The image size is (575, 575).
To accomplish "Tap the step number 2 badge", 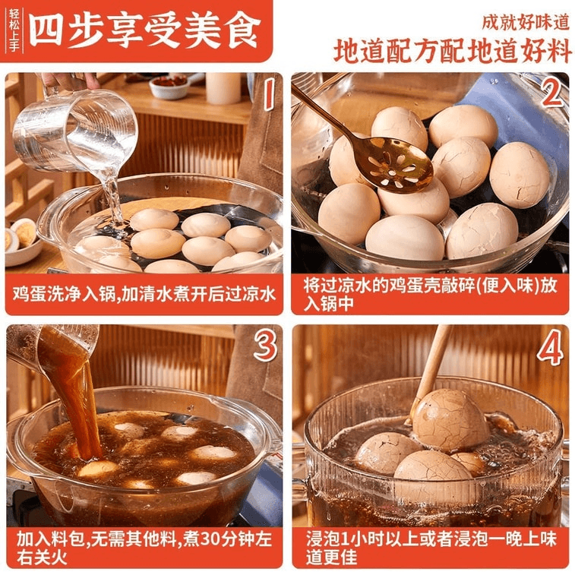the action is [552, 93].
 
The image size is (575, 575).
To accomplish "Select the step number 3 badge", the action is [265, 346].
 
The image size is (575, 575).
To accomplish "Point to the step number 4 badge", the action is [550, 347].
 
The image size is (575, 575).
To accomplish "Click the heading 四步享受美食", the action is [144, 30].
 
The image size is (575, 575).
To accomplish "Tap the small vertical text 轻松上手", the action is [14, 31].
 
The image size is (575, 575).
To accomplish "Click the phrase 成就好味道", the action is [526, 22].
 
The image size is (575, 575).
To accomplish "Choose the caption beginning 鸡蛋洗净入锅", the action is [144, 295].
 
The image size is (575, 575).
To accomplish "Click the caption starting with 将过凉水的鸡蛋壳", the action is [430, 295].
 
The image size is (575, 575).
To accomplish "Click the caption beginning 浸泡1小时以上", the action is [431, 548].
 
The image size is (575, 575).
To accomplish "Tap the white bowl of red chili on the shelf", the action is [169, 87].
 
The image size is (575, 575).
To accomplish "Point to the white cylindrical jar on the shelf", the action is [223, 88].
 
